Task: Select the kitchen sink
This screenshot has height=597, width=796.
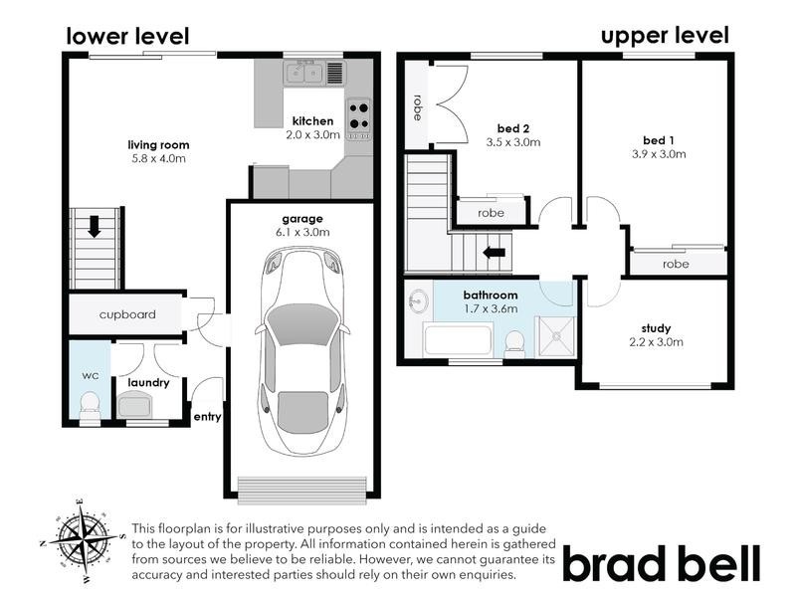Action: point(304,72)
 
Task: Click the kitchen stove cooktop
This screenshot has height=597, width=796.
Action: point(358,116)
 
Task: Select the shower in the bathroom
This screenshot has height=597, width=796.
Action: point(555,335)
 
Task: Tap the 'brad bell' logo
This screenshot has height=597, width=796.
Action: point(664,563)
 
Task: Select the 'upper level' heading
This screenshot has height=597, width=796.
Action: point(665,36)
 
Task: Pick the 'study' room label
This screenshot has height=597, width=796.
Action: point(657,328)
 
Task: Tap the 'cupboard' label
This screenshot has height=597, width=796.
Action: point(127,314)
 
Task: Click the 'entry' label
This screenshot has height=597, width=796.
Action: point(207,417)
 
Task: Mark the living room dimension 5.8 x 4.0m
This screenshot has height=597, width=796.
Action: point(159,157)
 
